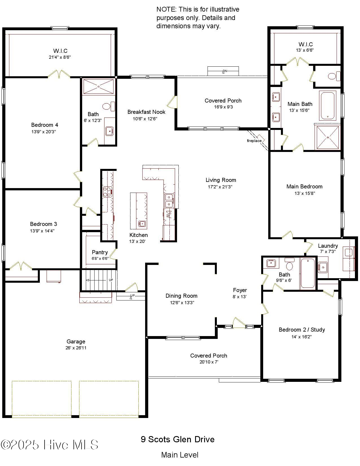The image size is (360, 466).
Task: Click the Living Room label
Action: tap(221, 180)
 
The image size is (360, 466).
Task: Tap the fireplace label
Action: tap(254, 141)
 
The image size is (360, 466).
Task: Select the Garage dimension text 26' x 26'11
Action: tap(76, 348)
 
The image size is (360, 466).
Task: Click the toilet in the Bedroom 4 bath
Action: tap(107, 106)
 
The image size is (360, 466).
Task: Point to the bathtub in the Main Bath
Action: tap(328, 105)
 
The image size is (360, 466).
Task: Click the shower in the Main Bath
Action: tap(328, 138)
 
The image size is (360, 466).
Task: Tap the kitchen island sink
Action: tap(142, 224)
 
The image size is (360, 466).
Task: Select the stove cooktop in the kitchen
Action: tap(108, 191)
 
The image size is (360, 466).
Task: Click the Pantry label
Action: tap(100, 252)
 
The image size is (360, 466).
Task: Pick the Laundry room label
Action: tap(328, 246)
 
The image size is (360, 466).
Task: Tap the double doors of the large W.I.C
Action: tap(59, 74)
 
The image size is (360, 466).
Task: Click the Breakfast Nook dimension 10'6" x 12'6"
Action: tap(145, 119)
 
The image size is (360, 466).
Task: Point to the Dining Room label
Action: tap(181, 296)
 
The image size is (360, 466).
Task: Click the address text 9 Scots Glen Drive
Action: tap(178, 439)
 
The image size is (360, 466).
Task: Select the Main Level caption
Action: tap(180, 455)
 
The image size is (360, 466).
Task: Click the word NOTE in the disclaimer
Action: tap(166, 9)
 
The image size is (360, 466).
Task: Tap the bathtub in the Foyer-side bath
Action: tap(308, 273)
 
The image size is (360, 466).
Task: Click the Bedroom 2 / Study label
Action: tap(302, 330)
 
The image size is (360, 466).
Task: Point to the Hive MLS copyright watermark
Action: tap(49, 445)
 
